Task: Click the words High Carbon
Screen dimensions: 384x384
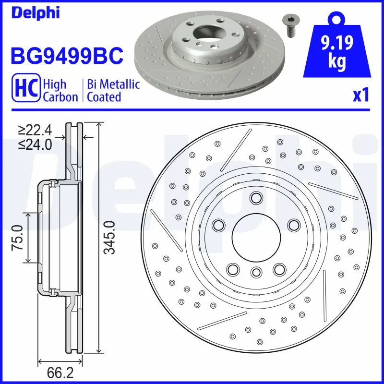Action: click(60, 90)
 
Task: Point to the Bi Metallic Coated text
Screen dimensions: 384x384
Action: click(113, 90)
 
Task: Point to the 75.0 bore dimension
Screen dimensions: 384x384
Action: click(18, 237)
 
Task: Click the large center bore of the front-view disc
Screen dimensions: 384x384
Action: click(256, 235)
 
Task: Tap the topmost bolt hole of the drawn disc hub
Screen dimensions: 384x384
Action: click(256, 198)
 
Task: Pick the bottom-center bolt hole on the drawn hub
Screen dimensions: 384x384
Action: click(256, 272)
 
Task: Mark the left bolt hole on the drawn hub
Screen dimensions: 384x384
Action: click(219, 225)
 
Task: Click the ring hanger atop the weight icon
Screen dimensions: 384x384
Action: click(338, 18)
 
